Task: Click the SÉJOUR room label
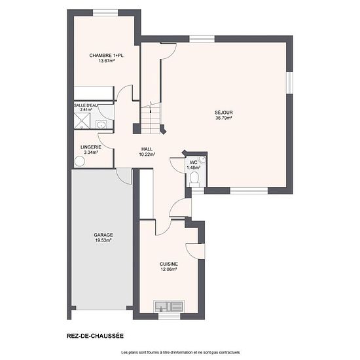pyautogui.click(x=224, y=113)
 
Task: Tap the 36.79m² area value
pyautogui.click(x=224, y=118)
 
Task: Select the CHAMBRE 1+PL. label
pyautogui.click(x=107, y=56)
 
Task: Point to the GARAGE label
pyautogui.click(x=103, y=235)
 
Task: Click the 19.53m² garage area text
pyautogui.click(x=103, y=240)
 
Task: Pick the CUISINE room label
pyautogui.click(x=169, y=264)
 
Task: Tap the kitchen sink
pyautogui.click(x=170, y=306)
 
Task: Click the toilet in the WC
pyautogui.click(x=194, y=179)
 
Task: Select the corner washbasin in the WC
pyautogui.click(x=202, y=159)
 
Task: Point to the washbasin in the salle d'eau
pyautogui.click(x=101, y=124)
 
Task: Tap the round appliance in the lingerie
pyautogui.click(x=80, y=161)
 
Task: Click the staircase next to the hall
pyautogui.click(x=151, y=118)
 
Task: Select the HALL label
pyautogui.click(x=147, y=149)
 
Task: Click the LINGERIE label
pyautogui.click(x=91, y=147)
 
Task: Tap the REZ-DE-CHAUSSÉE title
pyautogui.click(x=95, y=336)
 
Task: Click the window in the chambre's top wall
pyautogui.click(x=105, y=12)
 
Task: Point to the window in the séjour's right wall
pyautogui.click(x=289, y=83)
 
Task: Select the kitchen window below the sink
pyautogui.click(x=170, y=316)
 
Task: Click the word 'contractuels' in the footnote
pyautogui.click(x=231, y=352)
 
